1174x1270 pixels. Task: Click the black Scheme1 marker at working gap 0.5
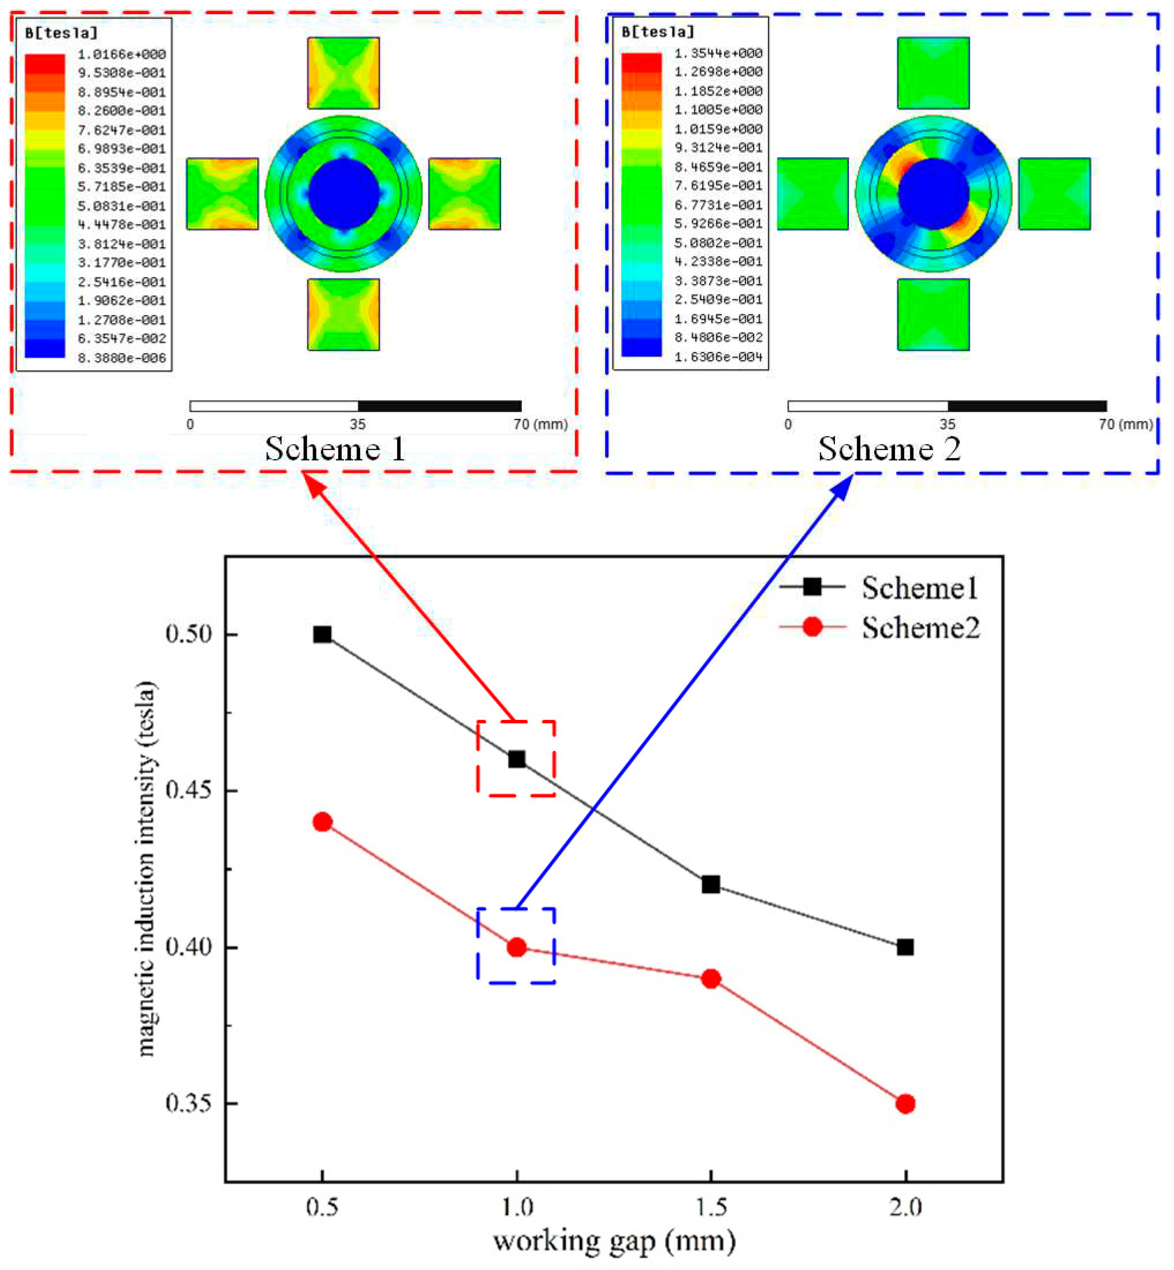[322, 634]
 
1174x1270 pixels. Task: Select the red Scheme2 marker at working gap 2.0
[905, 1104]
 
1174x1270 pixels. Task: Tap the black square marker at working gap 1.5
[711, 884]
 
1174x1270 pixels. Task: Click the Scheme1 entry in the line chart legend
[919, 588]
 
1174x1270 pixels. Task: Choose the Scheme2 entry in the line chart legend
[920, 628]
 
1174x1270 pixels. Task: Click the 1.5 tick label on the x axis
[711, 1206]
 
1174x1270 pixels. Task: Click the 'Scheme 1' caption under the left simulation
[335, 449]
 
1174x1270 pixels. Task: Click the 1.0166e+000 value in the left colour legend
[121, 54]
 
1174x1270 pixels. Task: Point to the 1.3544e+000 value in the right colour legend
[718, 54]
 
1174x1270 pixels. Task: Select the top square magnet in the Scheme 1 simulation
[343, 73]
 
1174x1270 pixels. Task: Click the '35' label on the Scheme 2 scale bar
[947, 424]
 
